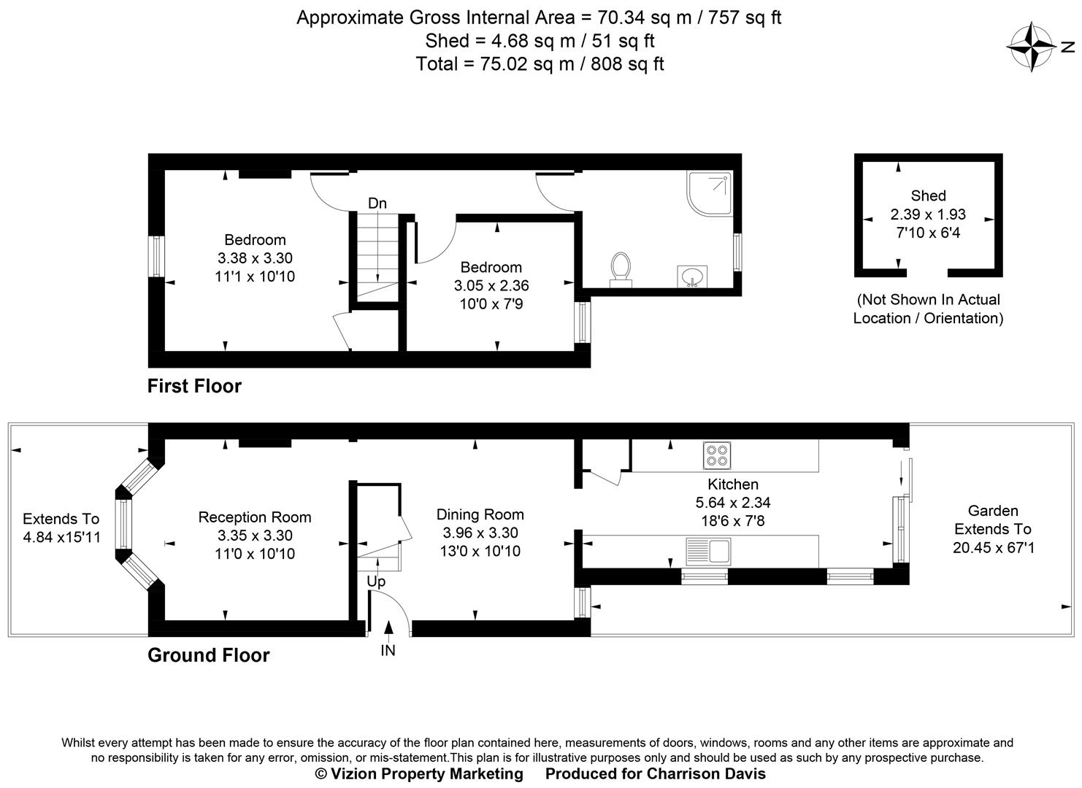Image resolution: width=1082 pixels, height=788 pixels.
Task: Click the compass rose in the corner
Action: click(x=1032, y=47)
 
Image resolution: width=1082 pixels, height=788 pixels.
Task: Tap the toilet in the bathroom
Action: click(x=621, y=269)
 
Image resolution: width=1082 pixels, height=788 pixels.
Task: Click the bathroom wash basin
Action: click(x=691, y=277)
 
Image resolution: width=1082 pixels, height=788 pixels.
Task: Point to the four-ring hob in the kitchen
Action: click(x=716, y=455)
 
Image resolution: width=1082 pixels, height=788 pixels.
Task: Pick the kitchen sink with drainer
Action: click(x=708, y=551)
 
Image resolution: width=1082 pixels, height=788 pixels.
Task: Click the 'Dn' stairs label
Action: click(x=377, y=204)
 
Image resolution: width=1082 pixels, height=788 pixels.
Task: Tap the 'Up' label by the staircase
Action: click(x=376, y=582)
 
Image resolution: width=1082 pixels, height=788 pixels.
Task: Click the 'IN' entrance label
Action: click(x=388, y=650)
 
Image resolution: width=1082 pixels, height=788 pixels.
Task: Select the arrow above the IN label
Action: click(x=388, y=628)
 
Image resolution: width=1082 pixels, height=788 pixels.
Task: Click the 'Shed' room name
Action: click(x=928, y=196)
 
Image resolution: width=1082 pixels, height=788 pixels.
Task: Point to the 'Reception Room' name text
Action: click(x=255, y=517)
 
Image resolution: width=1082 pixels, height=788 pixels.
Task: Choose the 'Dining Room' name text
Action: click(x=480, y=514)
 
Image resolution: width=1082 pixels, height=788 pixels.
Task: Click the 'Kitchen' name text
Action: click(x=733, y=484)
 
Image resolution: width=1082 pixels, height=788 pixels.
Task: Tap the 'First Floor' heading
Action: click(x=194, y=386)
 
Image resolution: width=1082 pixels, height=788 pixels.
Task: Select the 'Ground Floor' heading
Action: click(x=209, y=655)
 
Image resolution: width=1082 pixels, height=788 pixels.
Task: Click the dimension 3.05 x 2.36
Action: click(x=491, y=285)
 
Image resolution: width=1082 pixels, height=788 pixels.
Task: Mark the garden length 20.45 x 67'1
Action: click(x=993, y=547)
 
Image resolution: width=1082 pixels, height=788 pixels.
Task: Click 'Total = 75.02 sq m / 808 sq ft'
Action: click(x=540, y=64)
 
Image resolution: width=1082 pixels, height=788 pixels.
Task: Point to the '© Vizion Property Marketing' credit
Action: click(x=419, y=773)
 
